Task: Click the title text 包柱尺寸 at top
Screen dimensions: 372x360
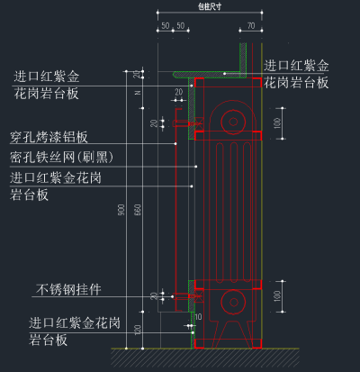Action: [209, 5]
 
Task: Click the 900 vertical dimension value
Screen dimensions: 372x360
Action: [122, 210]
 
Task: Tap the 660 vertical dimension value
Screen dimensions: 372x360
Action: [137, 210]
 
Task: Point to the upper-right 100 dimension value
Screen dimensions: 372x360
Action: [277, 122]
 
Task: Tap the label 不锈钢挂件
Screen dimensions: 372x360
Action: [68, 290]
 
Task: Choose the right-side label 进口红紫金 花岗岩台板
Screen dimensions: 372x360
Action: [296, 75]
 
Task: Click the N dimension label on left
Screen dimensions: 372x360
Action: [137, 92]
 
